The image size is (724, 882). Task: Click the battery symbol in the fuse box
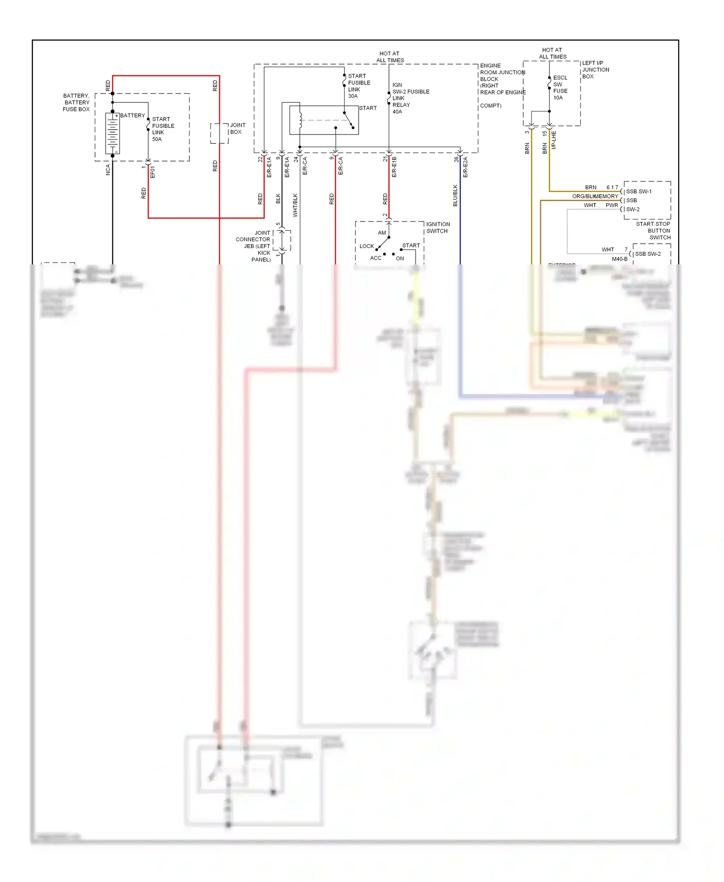pos(112,134)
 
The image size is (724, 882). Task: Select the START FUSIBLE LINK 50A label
pos(163,129)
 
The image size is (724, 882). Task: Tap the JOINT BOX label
pos(237,128)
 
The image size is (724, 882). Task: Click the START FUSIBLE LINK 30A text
pos(359,86)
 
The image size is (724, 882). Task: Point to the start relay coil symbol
pos(301,120)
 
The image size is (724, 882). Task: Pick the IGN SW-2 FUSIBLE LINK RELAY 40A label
pos(410,98)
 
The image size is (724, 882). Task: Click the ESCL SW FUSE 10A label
pos(560,87)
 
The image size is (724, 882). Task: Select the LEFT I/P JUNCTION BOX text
pos(595,69)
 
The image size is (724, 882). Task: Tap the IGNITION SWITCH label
pos(438,227)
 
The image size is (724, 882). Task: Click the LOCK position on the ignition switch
pos(366,246)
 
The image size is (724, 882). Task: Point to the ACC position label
pos(376,258)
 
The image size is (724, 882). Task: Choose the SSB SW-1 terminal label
pos(639,192)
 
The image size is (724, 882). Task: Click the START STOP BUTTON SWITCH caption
pos(653,231)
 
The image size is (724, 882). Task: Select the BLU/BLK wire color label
pos(455,195)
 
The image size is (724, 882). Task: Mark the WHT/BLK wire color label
pos(295,205)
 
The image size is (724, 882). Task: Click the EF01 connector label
pos(153,172)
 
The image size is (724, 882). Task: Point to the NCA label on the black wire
pos(108,169)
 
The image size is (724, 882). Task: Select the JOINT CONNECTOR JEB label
pos(254,246)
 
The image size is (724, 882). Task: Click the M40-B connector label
pos(620,259)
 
